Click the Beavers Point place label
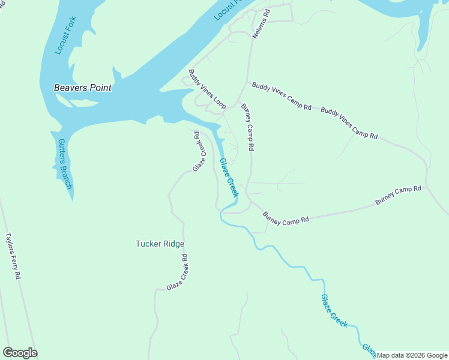(83, 88)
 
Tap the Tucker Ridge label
(160, 244)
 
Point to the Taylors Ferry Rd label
(13, 256)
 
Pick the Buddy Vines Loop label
(206, 89)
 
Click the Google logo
(20, 353)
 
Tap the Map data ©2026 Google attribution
(412, 355)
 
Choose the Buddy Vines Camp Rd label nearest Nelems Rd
(282, 95)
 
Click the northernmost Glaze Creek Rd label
(199, 152)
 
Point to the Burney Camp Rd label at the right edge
(399, 196)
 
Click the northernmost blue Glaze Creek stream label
(229, 178)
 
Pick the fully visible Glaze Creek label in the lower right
(334, 310)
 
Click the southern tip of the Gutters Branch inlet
(72, 199)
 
